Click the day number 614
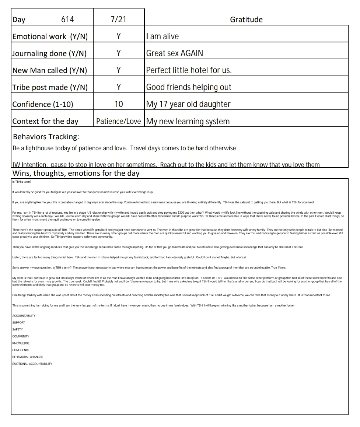point(67,20)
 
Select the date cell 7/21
point(118,19)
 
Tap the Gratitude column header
point(246,20)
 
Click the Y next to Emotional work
point(119,36)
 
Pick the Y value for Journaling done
point(119,53)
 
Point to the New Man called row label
point(50,70)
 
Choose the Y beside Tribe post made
point(119,87)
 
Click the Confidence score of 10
point(119,104)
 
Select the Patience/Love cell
point(119,121)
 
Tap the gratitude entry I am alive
point(162,36)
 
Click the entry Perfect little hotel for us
point(189,70)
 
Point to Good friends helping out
point(189,87)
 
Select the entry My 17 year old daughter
point(188,104)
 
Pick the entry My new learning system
point(188,121)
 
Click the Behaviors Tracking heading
point(46,137)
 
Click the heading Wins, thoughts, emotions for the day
point(76,173)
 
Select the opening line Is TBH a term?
point(22,182)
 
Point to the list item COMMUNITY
point(21,336)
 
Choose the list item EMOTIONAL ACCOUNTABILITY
point(32,364)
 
